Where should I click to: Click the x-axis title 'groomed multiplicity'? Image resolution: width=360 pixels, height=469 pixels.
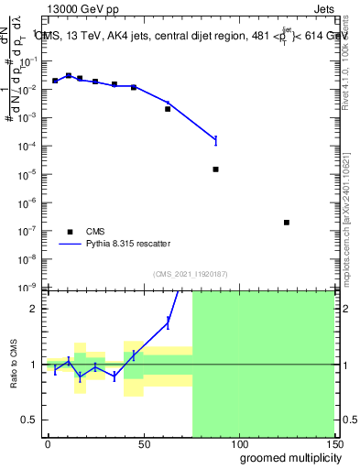[x=287, y=457]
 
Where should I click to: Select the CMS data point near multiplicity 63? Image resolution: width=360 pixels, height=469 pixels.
[x=168, y=109]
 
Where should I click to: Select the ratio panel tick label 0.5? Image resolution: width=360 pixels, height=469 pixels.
[x=31, y=420]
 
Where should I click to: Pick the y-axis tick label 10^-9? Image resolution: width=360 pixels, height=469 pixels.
[x=27, y=287]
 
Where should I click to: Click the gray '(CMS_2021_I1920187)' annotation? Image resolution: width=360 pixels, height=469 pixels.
[x=191, y=274]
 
